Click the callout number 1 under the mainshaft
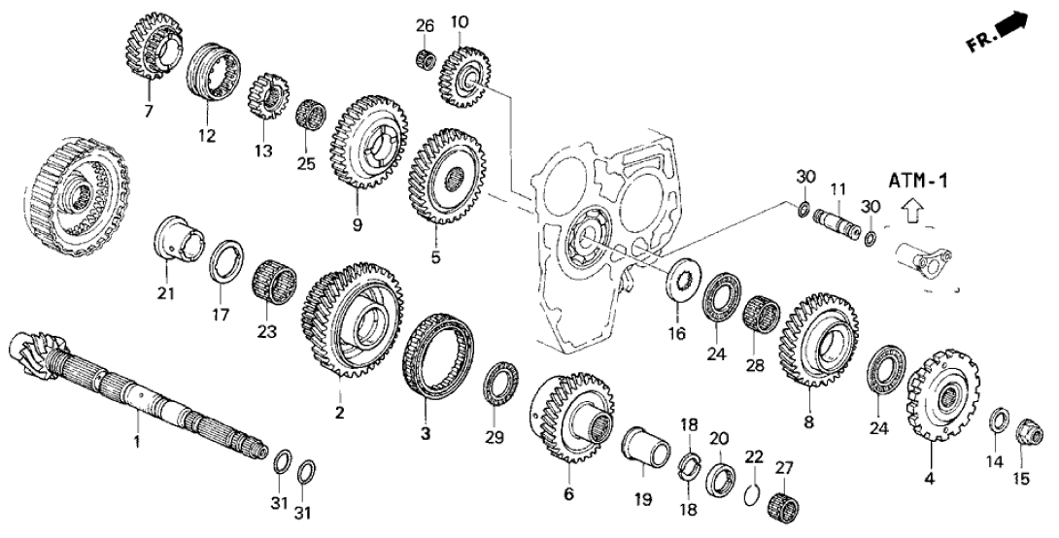tap(137, 443)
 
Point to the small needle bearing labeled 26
tap(424, 60)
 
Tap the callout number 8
tap(809, 422)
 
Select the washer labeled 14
tap(998, 420)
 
